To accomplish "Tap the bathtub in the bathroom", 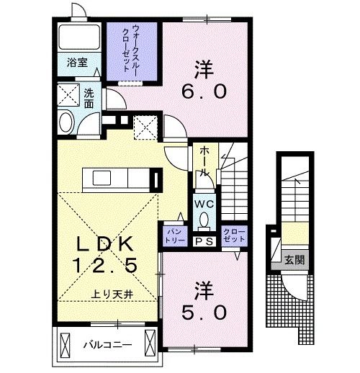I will (78, 37).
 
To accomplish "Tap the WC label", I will (204, 203).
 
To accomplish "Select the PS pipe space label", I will (204, 242).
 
